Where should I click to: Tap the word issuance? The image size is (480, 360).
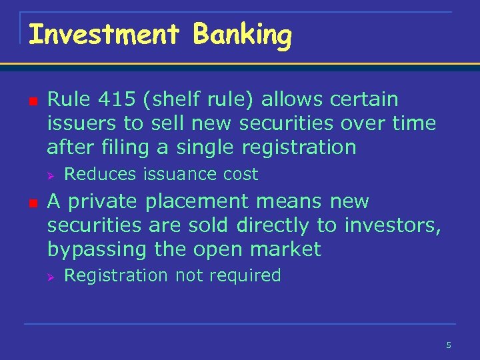(x=170, y=175)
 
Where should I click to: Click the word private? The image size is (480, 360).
(x=102, y=201)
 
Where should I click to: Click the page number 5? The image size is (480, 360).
(x=449, y=345)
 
